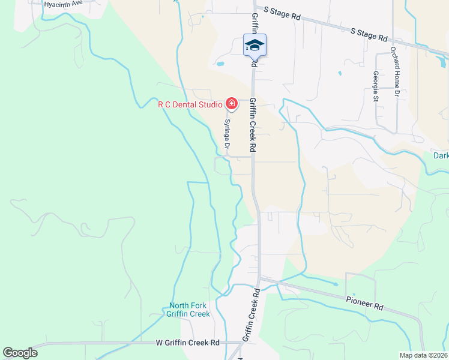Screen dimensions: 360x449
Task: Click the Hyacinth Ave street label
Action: point(61,3)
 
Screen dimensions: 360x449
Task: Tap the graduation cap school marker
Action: point(255,44)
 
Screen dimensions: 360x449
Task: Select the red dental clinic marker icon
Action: point(231,104)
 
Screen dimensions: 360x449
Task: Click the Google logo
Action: point(20,353)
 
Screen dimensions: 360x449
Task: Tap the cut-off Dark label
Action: point(441,156)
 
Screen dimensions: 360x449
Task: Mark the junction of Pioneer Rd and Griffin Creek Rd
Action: point(259,278)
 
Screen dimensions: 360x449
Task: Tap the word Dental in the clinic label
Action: point(184,104)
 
